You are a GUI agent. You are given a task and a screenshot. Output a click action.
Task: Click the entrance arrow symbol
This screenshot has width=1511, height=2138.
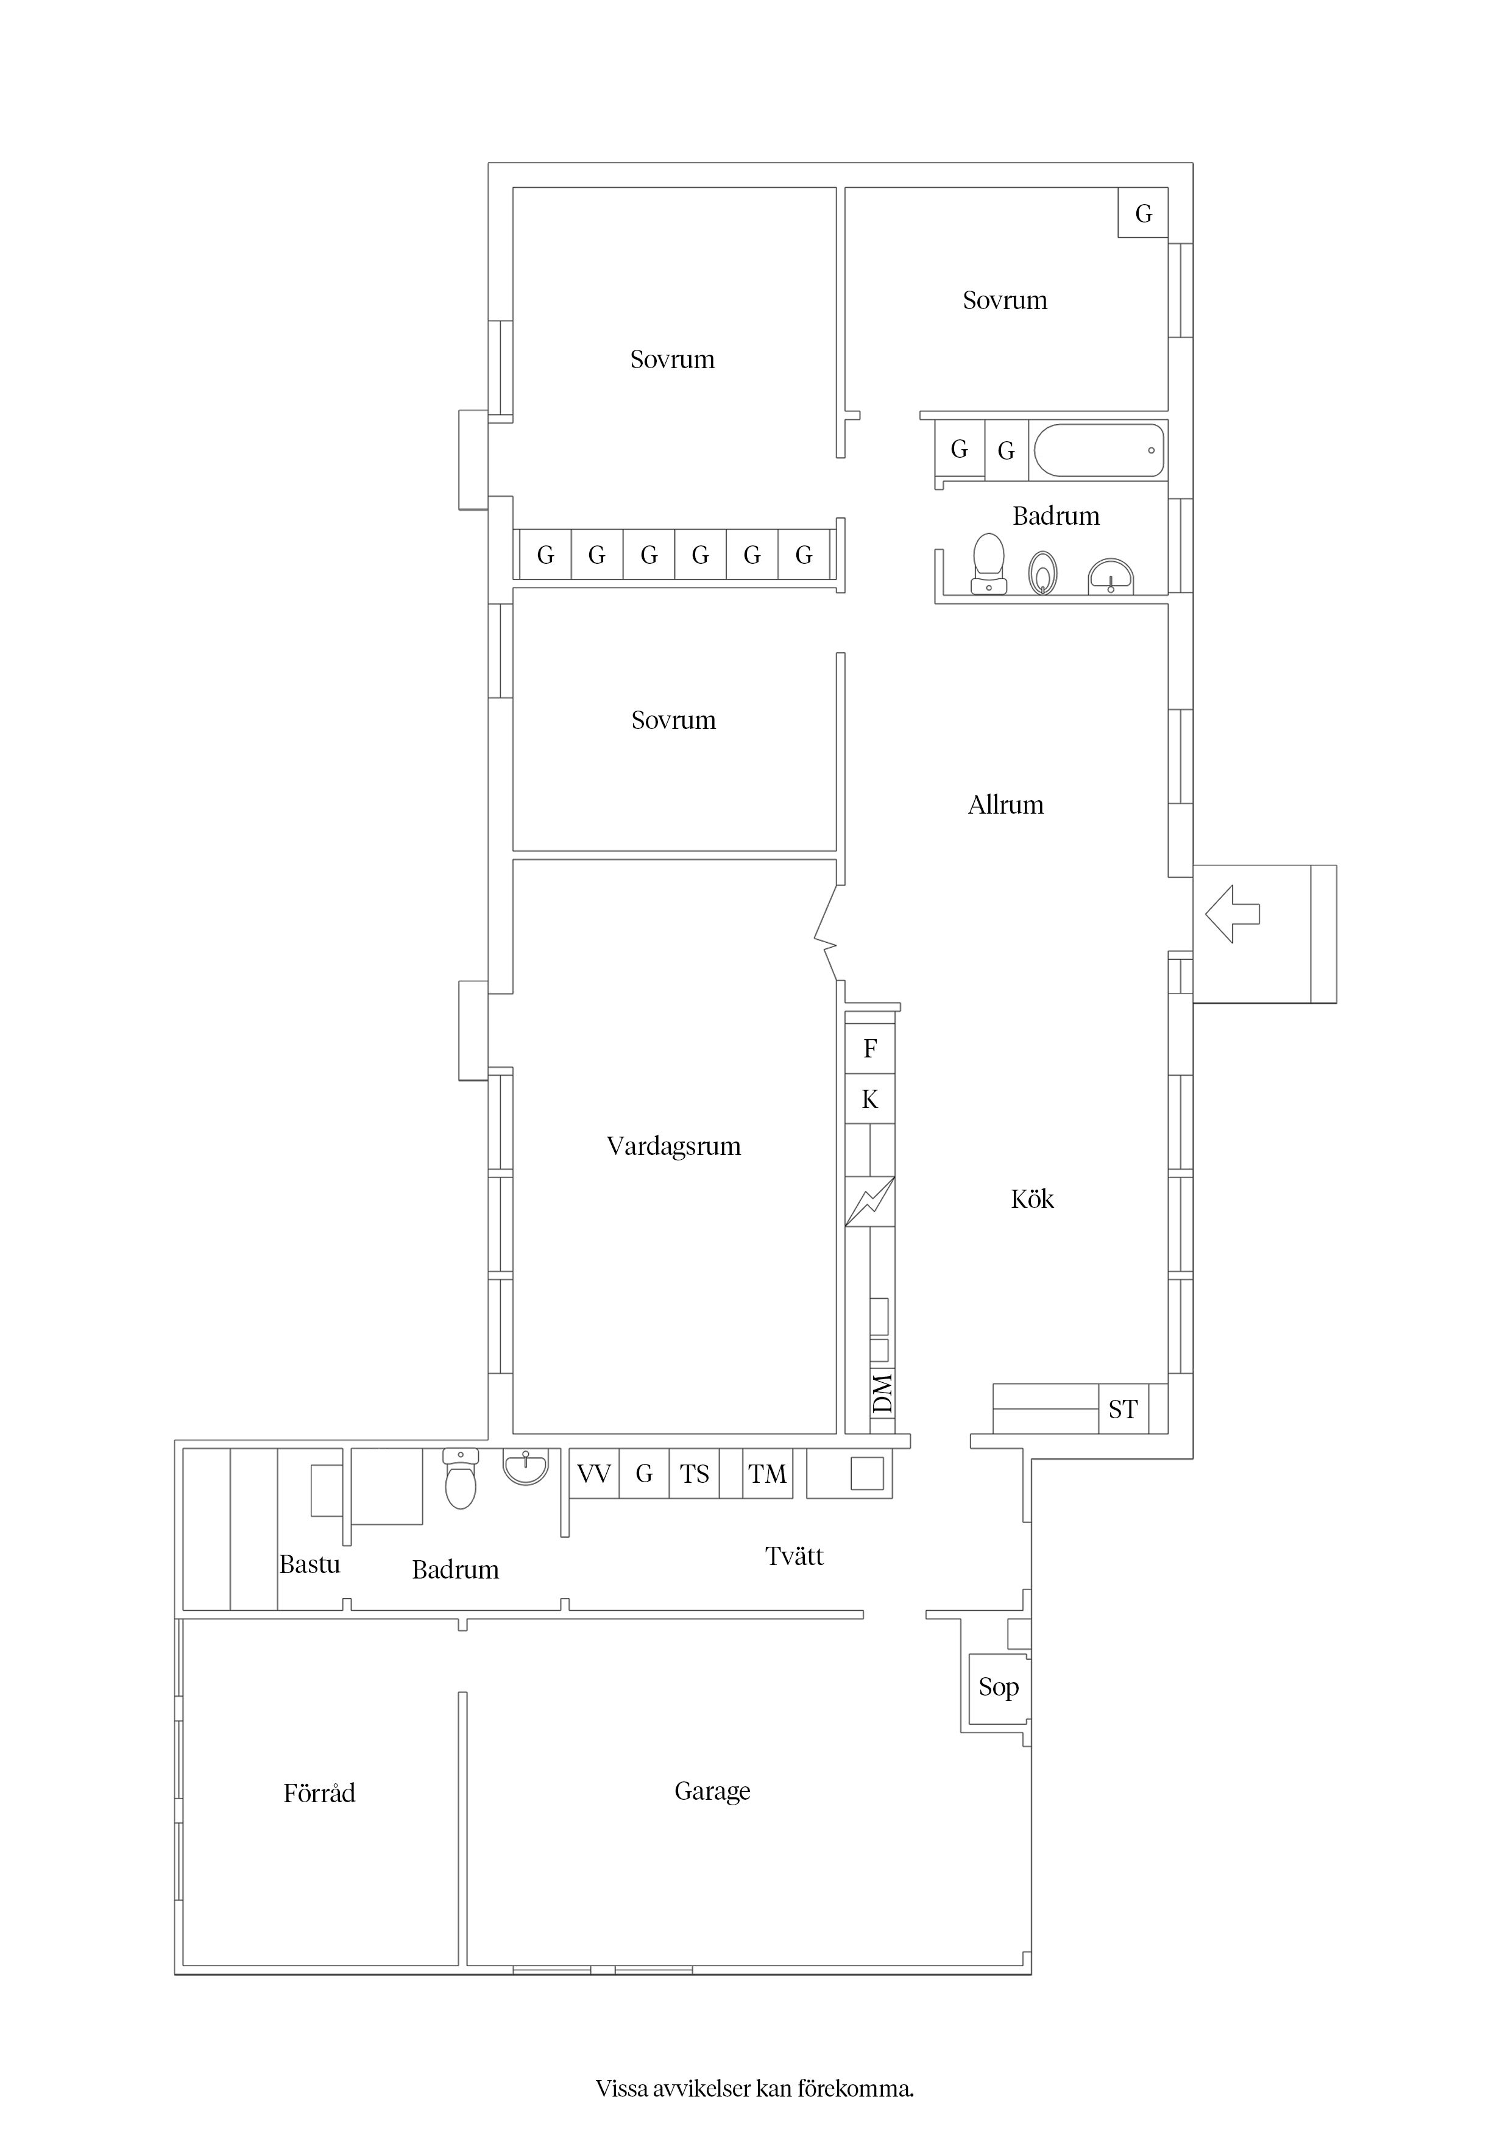pos(1232,914)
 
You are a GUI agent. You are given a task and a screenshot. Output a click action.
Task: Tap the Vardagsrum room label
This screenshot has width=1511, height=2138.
pos(673,1146)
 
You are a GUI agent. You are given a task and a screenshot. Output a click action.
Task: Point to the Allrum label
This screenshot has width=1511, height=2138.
pos(1005,804)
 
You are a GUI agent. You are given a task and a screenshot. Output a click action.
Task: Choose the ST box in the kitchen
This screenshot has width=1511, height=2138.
pos(1123,1409)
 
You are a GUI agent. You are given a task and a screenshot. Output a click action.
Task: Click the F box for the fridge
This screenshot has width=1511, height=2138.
pos(871,1048)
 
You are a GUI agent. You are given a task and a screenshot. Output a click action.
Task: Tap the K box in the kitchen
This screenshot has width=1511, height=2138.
pos(871,1099)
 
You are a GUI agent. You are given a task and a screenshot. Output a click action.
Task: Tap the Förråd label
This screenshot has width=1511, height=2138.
pos(319,1792)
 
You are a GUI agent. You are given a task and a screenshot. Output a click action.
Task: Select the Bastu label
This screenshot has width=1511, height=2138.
pos(310,1563)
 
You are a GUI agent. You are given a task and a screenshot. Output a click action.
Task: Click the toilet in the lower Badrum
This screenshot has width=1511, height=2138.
pos(461,1479)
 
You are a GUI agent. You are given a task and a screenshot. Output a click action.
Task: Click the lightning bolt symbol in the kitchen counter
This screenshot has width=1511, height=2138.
pos(871,1202)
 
